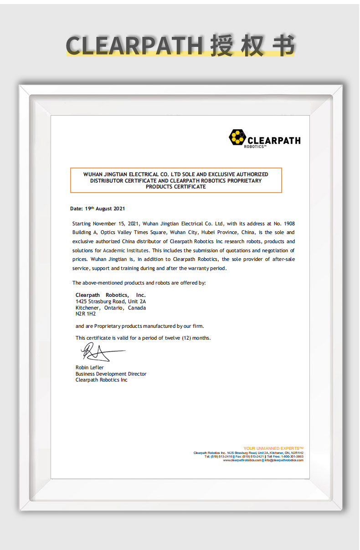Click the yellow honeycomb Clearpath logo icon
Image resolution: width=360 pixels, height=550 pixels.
coord(237,137)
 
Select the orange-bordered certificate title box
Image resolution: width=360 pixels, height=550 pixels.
coord(176,180)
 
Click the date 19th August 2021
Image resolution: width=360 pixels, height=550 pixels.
coord(104,209)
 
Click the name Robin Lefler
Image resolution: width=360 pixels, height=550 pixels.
coord(90,367)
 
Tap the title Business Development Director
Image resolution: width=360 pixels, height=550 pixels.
coord(111,374)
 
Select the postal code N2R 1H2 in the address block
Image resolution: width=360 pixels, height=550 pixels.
coord(86,314)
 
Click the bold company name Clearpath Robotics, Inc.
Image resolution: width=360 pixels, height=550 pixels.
coord(110,295)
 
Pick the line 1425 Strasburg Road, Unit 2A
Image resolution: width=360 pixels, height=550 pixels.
coord(110,301)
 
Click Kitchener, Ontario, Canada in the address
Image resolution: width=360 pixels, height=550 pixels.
coord(110,308)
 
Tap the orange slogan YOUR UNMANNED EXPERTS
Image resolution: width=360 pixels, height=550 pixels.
coord(273,448)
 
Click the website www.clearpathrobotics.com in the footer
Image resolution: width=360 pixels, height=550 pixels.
coord(242,460)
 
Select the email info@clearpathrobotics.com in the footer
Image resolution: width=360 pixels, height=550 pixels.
coord(284,460)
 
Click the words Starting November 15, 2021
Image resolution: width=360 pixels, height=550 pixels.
coord(106,224)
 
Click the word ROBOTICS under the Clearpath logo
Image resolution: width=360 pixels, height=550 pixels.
coord(254,147)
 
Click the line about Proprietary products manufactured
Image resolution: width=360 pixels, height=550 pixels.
coord(139,326)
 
